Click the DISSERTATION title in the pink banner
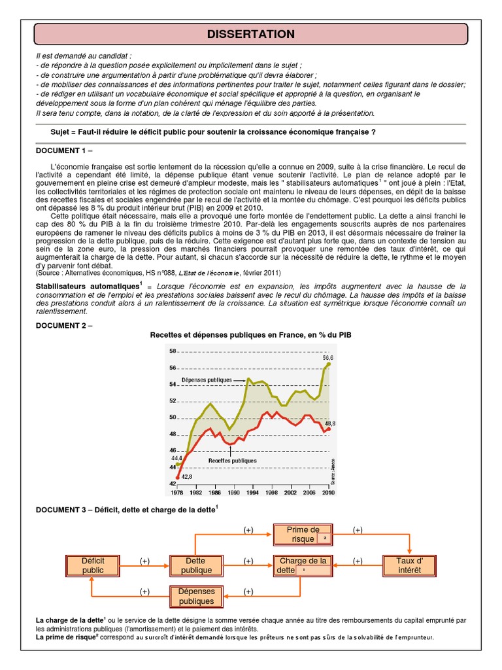(x=251, y=34)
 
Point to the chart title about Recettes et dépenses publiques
(x=251, y=335)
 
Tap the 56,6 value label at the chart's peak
(x=327, y=357)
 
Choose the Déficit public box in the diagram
(x=93, y=565)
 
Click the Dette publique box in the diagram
(x=196, y=565)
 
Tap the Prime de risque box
(x=303, y=535)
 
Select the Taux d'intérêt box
(x=410, y=565)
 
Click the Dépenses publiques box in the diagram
(x=196, y=596)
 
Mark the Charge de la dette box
(x=303, y=565)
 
